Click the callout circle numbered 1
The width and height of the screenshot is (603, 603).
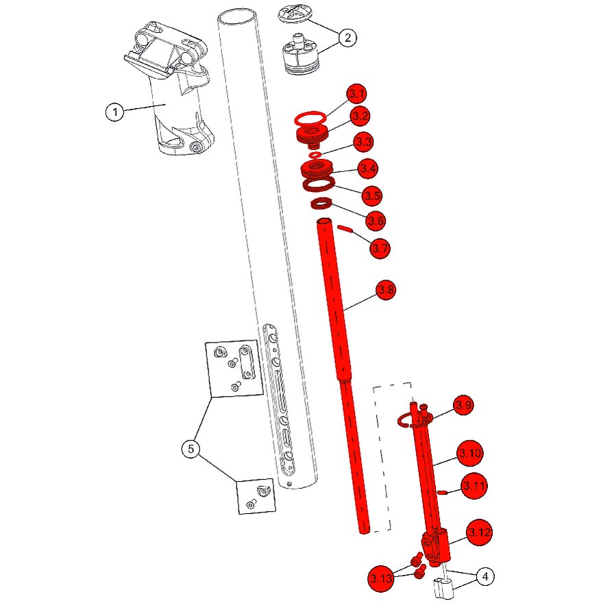[114, 112]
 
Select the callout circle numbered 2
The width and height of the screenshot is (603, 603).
[347, 38]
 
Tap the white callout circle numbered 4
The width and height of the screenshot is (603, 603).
[485, 576]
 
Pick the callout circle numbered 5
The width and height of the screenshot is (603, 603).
[191, 448]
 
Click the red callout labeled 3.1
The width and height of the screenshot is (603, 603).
[357, 94]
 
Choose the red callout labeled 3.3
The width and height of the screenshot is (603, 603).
[363, 142]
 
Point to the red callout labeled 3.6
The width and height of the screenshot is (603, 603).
[376, 221]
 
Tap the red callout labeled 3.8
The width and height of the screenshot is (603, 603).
[386, 290]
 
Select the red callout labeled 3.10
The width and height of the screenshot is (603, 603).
[470, 453]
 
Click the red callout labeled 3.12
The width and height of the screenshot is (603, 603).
[480, 532]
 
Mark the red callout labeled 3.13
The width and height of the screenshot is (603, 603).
[381, 578]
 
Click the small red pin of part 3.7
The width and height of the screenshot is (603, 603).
[345, 229]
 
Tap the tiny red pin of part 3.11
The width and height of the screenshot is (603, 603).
[442, 492]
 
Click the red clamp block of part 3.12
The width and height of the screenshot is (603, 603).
[436, 546]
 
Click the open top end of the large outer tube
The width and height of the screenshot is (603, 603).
[237, 17]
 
